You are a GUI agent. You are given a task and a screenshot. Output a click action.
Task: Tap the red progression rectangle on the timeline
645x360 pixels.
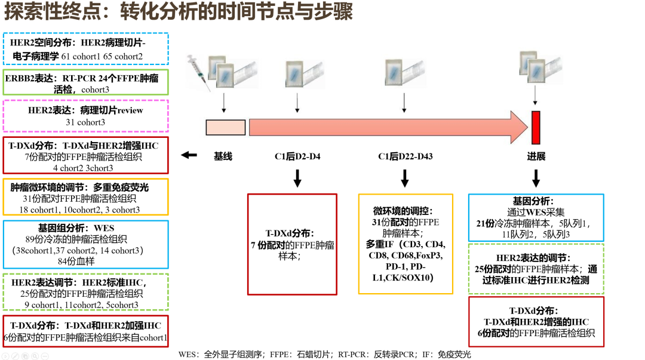coord(536,127)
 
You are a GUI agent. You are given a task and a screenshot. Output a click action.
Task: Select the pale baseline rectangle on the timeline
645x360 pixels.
coord(225,127)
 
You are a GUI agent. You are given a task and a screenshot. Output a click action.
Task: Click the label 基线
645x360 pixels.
coord(223,157)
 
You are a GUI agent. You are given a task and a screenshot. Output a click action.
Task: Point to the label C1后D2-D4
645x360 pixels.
coord(297,157)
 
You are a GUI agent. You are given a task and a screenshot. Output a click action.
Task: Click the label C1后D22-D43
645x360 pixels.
coord(405,157)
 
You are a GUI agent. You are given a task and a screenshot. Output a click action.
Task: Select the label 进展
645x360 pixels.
coord(536,157)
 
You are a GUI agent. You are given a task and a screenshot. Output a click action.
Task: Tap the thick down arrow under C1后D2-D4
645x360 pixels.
coord(297,178)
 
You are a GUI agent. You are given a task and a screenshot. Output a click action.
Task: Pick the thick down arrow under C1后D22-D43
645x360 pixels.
coord(405,178)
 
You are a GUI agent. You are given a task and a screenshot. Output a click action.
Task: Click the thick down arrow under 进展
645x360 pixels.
coord(536,178)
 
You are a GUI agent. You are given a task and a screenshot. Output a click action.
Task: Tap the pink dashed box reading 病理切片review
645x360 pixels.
coord(86,116)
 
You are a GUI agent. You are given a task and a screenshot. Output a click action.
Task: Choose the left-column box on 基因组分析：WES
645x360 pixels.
coord(86,244)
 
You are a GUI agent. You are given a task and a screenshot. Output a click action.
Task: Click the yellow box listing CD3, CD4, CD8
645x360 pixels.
coord(406,244)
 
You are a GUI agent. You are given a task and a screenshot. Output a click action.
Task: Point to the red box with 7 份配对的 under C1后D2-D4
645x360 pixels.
coord(292,244)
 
